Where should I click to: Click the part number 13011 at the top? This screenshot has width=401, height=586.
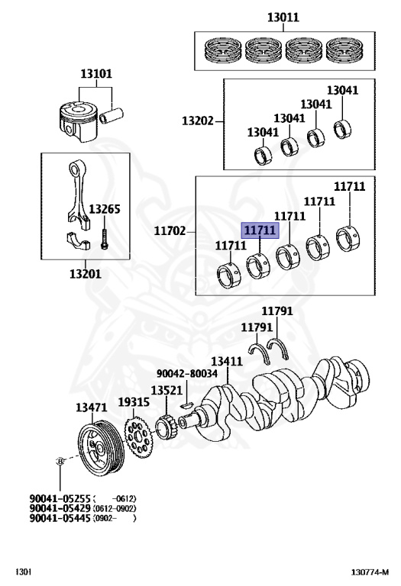tap(283, 17)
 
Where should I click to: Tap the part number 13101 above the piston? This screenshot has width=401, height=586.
tap(96, 74)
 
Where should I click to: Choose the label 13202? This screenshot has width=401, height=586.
tap(197, 121)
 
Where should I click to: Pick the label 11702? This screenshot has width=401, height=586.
tap(170, 230)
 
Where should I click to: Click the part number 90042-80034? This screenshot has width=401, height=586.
tap(187, 374)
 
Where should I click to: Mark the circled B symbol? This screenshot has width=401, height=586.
tap(60, 462)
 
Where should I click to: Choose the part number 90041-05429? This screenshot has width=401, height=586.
tap(60, 508)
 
